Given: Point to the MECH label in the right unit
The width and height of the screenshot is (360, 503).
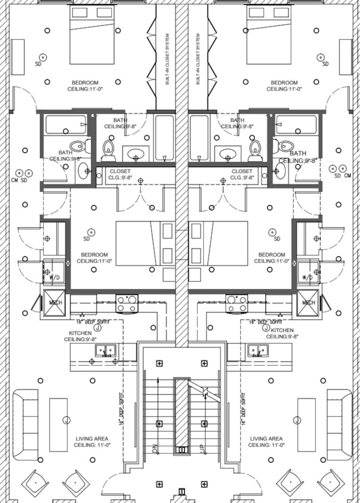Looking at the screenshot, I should click(309, 302).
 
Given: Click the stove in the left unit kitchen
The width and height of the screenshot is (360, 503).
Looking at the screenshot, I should click(127, 303).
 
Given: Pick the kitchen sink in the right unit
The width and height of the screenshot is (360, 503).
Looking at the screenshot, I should click(257, 351).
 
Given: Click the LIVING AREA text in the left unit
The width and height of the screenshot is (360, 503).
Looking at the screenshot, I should click(92, 438).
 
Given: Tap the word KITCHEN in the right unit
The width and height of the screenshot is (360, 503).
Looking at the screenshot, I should click(282, 330).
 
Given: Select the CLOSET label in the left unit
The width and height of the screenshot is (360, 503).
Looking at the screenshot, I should click(120, 171).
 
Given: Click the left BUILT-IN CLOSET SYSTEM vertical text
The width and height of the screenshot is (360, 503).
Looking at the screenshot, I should click(167, 59).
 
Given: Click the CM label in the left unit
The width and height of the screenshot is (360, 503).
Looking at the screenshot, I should click(15, 180).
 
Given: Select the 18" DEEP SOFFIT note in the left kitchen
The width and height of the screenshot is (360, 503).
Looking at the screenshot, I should click(93, 322).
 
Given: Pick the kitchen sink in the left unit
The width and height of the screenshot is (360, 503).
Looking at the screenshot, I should click(105, 351).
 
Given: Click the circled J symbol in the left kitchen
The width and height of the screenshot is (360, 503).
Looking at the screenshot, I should click(97, 328).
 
